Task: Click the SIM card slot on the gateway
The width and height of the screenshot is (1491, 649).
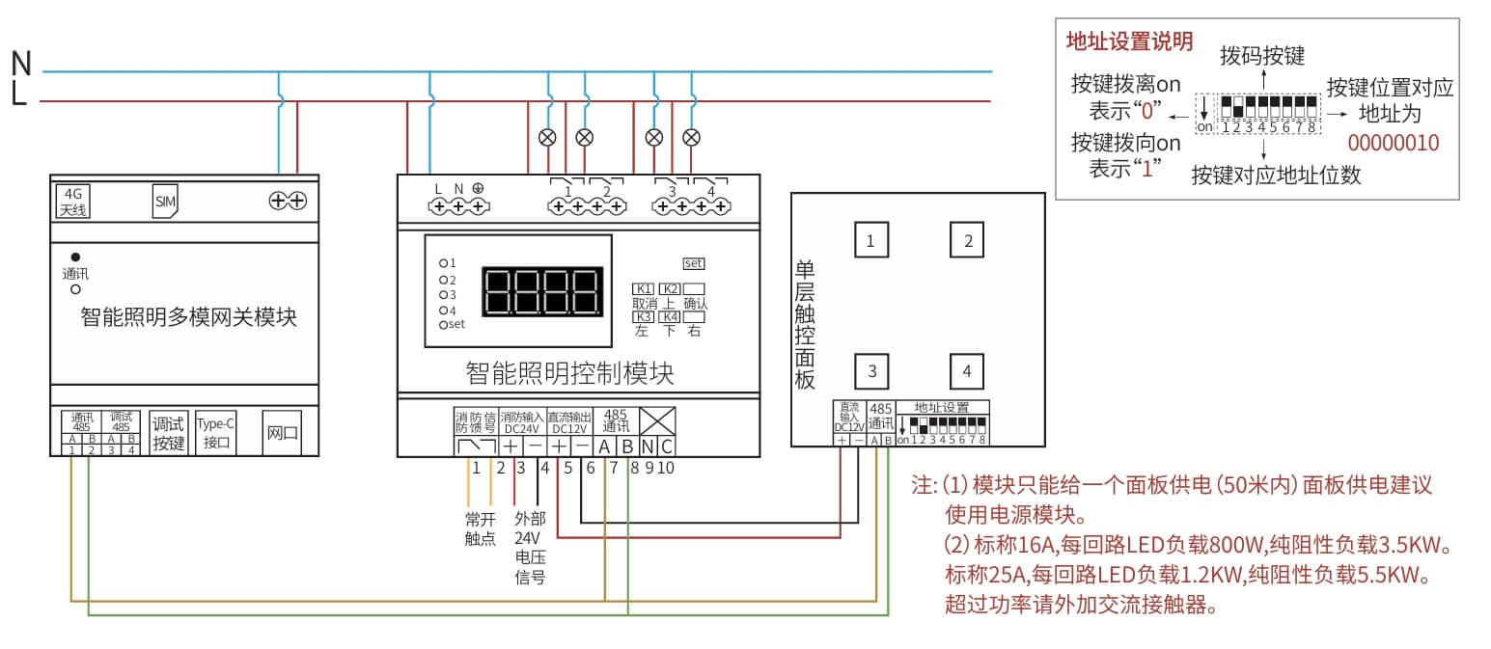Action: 165,203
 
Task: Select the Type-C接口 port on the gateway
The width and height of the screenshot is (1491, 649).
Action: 215,432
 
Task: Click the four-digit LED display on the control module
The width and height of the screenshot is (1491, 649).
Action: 543,291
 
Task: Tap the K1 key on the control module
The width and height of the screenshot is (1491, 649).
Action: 643,288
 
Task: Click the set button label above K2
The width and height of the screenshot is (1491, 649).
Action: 694,262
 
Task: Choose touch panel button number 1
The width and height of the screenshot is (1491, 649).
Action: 870,240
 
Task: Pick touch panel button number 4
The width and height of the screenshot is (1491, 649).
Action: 967,371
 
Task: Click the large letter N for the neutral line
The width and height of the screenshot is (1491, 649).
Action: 21,64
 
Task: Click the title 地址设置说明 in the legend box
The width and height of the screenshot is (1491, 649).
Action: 1129,41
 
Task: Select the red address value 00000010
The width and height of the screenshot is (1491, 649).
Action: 1393,144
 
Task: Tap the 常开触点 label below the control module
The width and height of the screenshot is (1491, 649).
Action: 480,527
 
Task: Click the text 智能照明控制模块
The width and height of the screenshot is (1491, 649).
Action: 569,372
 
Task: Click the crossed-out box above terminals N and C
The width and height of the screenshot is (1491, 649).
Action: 657,421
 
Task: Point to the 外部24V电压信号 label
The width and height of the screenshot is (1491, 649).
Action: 530,547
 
